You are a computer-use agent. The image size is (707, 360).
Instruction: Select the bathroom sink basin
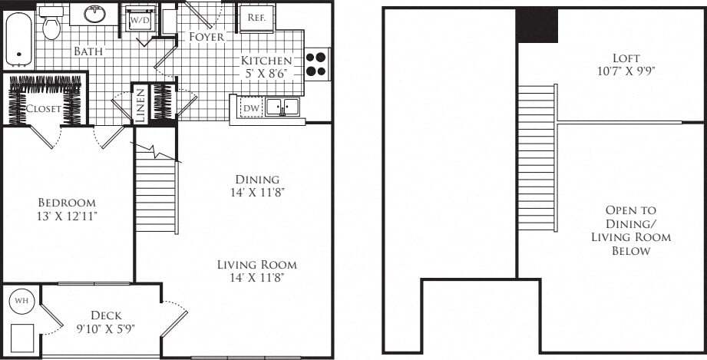(94, 14)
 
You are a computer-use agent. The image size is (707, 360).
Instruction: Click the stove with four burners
(316, 64)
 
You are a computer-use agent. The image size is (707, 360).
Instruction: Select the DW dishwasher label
(251, 108)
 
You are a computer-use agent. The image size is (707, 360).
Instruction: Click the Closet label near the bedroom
(43, 109)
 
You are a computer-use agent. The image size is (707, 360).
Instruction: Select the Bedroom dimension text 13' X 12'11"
(68, 216)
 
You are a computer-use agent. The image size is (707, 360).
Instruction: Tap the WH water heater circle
(21, 301)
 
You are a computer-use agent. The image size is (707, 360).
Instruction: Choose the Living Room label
(256, 265)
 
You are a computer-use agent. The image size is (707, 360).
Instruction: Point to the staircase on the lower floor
(157, 192)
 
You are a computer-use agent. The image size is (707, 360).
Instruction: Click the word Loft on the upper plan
(626, 58)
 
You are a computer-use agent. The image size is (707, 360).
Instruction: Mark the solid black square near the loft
(537, 25)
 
